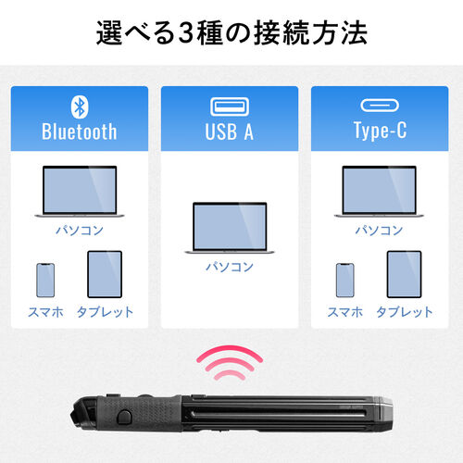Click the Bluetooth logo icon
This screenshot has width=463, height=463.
point(79,105)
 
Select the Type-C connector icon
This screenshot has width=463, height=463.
point(380,105)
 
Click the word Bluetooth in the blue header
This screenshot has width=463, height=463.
point(79,131)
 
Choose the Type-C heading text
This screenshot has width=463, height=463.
point(380,131)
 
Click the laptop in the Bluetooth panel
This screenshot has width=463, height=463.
point(79,192)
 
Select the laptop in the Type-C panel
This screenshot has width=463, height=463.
point(380,192)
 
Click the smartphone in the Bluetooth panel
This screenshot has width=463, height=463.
point(45,278)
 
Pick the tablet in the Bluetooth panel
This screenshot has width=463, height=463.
point(105,274)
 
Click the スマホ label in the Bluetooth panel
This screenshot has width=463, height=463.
point(45,312)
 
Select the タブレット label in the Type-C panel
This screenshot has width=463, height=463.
point(405,312)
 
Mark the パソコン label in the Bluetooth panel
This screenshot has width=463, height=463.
point(79,231)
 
